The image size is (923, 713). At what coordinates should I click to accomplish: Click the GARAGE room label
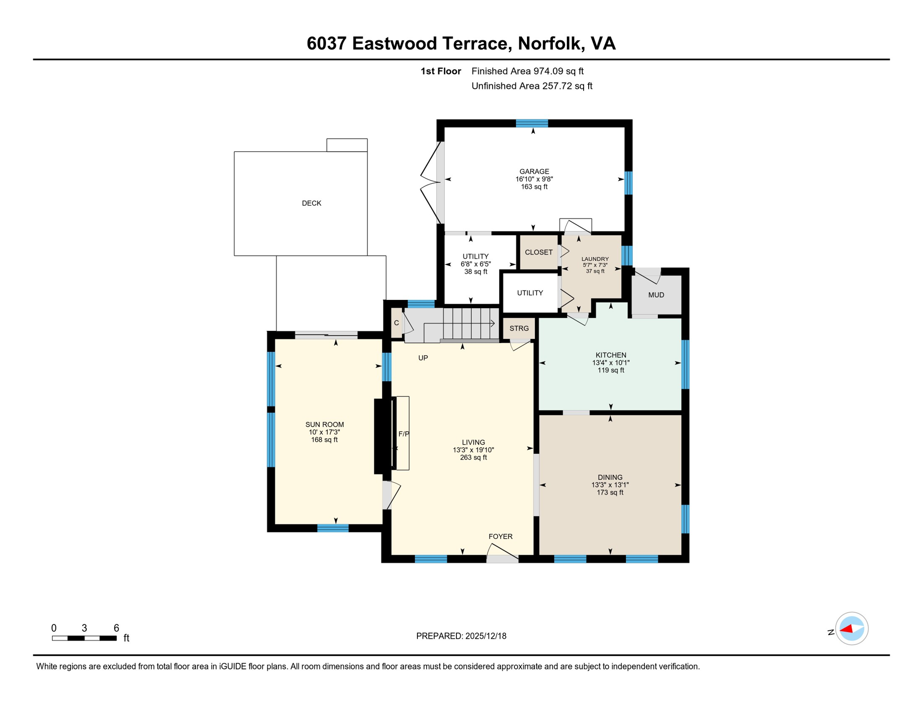pyautogui.click(x=534, y=171)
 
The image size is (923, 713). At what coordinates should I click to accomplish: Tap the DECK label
pyautogui.click(x=311, y=203)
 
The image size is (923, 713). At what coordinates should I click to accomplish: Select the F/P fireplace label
pyautogui.click(x=403, y=434)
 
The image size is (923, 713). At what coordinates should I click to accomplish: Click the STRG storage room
pyautogui.click(x=519, y=328)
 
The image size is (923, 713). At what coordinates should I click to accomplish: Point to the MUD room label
pyautogui.click(x=656, y=295)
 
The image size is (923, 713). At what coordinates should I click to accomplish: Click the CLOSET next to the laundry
pyautogui.click(x=538, y=252)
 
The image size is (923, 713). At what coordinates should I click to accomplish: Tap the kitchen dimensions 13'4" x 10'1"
pyautogui.click(x=611, y=363)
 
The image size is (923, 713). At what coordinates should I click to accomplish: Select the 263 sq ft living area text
pyautogui.click(x=473, y=457)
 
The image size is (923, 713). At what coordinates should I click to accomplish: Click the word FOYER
pyautogui.click(x=500, y=536)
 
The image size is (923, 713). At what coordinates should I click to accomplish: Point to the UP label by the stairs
pyautogui.click(x=422, y=358)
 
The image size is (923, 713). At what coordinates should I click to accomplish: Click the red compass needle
pyautogui.click(x=846, y=629)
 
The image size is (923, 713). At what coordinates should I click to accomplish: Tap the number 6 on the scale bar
pyautogui.click(x=116, y=628)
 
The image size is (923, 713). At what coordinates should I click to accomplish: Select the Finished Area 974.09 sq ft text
pyautogui.click(x=527, y=71)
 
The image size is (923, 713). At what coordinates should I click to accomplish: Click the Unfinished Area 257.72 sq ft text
pyautogui.click(x=531, y=86)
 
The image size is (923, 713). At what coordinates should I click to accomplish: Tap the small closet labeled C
pyautogui.click(x=396, y=323)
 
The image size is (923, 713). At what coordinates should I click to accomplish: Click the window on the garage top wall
pyautogui.click(x=532, y=123)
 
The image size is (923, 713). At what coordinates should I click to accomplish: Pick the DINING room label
pyautogui.click(x=610, y=477)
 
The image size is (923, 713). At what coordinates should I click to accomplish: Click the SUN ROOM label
pyautogui.click(x=324, y=424)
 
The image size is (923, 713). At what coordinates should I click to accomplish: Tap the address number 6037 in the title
pyautogui.click(x=326, y=43)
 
